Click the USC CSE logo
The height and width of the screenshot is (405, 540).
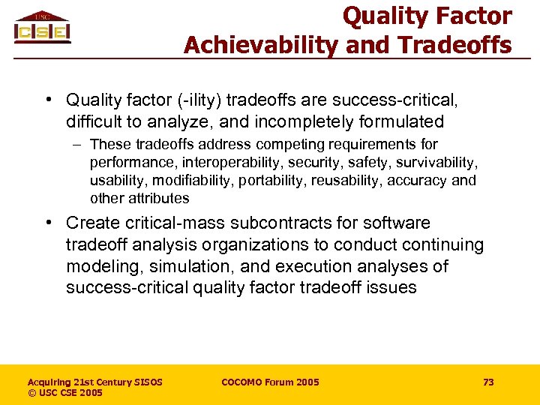tap(42, 28)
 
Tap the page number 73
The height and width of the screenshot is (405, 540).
tap(488, 382)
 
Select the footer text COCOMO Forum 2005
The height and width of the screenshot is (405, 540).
tap(270, 382)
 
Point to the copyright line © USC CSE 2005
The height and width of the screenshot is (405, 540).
tap(64, 393)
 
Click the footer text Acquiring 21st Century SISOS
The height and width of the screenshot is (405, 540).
tap(94, 382)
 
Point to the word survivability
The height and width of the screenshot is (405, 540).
tap(438, 162)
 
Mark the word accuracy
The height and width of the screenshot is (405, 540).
tap(421, 180)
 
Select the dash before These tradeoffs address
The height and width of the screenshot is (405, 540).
tap(78, 144)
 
